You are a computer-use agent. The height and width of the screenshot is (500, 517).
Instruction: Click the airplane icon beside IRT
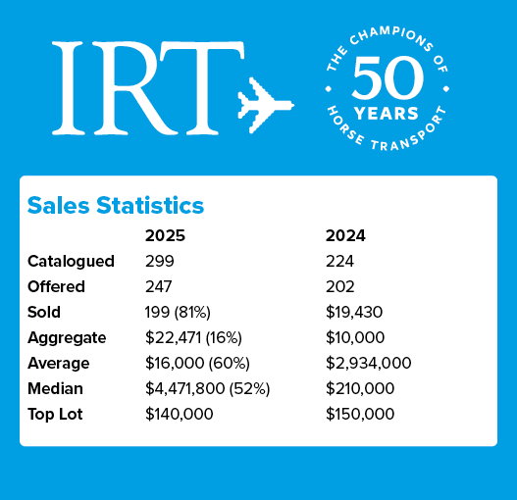(265, 101)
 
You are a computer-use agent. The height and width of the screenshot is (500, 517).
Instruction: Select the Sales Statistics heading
(116, 205)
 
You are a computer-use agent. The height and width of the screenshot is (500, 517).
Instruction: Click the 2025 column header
(165, 236)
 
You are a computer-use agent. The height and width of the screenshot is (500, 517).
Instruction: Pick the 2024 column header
(345, 236)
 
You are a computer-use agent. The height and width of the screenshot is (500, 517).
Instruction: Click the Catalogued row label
(71, 262)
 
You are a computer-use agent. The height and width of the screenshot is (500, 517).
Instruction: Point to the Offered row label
(57, 287)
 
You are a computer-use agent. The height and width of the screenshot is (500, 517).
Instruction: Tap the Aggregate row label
(68, 338)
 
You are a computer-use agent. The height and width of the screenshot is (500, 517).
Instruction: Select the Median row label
(56, 389)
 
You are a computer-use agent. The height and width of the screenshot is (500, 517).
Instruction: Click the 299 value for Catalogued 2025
(159, 262)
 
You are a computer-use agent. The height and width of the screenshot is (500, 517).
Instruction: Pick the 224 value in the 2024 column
(339, 262)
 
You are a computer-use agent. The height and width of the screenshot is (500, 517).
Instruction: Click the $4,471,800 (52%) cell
(207, 389)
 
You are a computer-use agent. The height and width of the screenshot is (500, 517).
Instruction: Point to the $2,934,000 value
(368, 364)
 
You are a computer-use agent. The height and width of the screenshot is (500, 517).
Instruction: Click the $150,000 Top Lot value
(360, 415)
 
